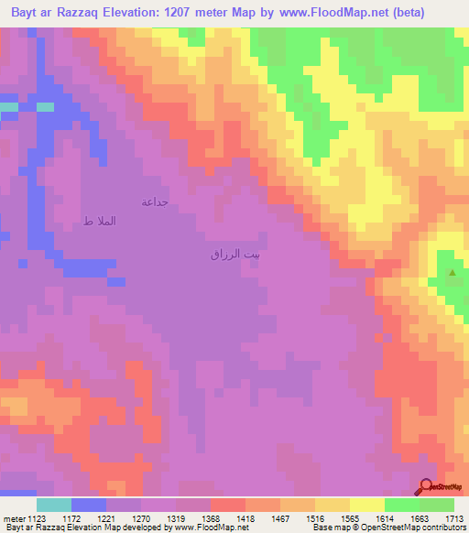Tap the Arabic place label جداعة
pyautogui.click(x=153, y=201)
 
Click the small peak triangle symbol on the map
pyautogui.click(x=452, y=272)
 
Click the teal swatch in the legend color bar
pyautogui.click(x=53, y=505)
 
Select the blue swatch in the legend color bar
pyautogui.click(x=88, y=505)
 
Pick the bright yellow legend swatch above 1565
pyautogui.click(x=365, y=505)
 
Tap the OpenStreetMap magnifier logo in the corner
pyautogui.click(x=427, y=487)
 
